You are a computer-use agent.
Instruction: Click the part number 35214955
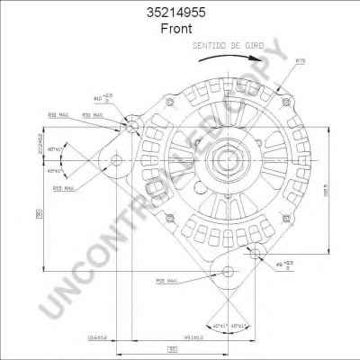[180, 13]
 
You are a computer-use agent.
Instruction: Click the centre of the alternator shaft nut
[217, 165]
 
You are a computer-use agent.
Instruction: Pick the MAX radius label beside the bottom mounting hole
[166, 282]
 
